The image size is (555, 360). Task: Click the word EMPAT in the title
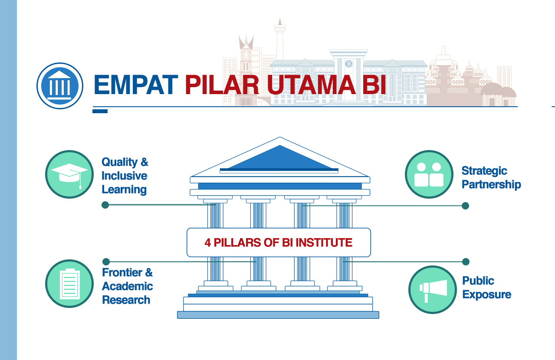point(136,85)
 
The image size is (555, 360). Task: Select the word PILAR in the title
point(222,85)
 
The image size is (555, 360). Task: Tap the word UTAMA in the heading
point(311,85)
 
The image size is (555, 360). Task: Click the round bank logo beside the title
point(60,86)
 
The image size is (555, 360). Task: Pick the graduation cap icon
point(69,174)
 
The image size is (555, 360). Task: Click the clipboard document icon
point(69,284)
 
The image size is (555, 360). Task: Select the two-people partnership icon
point(429,174)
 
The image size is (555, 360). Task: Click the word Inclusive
point(125,176)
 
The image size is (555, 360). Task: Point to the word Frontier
point(122,272)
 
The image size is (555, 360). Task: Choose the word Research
point(126,300)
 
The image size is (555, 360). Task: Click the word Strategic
point(484,171)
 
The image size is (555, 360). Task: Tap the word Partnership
point(491,185)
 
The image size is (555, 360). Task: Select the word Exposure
point(487,295)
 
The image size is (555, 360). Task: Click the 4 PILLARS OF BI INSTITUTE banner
point(279,242)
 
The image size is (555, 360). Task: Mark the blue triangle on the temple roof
point(280,158)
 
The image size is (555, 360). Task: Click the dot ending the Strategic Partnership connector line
point(465,206)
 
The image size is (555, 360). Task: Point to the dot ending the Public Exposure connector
point(466,262)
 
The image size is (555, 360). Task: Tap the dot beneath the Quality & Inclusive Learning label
point(105,205)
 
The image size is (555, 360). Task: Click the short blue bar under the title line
point(100,111)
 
